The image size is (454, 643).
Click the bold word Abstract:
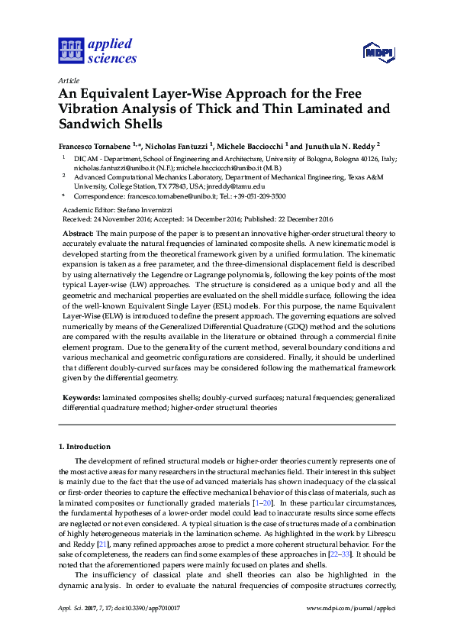click(78, 232)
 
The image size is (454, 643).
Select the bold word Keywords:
click(80, 399)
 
